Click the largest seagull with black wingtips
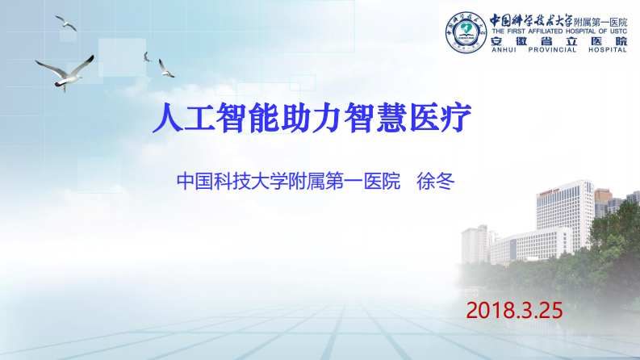tap(65, 71)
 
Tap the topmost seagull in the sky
tap(66, 23)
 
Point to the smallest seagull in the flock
tap(147, 57)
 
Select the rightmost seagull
tap(165, 69)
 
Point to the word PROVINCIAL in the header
tap(554, 50)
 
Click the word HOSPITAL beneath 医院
tap(608, 50)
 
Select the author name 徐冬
tap(436, 180)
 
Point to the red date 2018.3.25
tap(513, 310)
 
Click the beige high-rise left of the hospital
tap(475, 243)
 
